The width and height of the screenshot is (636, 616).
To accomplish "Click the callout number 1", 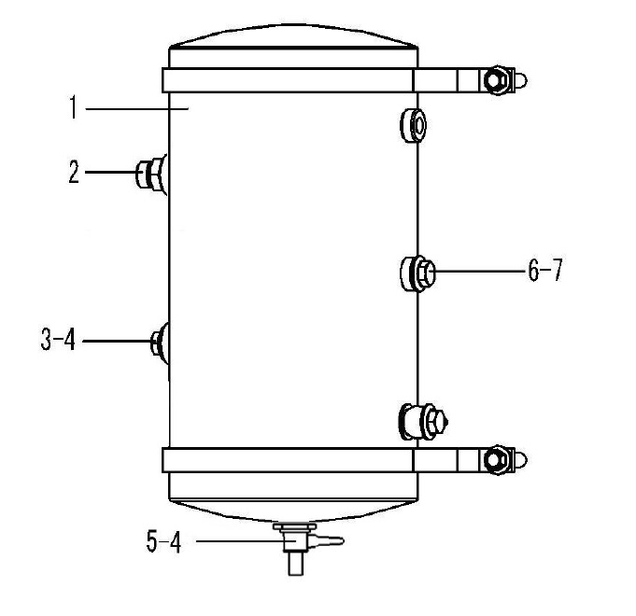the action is [x=73, y=107].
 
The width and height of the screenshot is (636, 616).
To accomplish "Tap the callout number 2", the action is [x=74, y=173].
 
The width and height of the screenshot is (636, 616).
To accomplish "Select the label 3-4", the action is [x=58, y=339].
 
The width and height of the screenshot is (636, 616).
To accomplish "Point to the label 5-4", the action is [x=163, y=542].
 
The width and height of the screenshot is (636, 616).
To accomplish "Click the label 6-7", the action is [x=545, y=270].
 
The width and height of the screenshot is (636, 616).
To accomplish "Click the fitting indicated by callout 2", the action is [x=150, y=175].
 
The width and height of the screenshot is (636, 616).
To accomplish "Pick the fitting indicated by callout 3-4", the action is [x=160, y=343].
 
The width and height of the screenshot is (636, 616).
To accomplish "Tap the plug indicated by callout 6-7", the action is [x=417, y=273].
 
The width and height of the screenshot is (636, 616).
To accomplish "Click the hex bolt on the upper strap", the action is [x=495, y=80].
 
